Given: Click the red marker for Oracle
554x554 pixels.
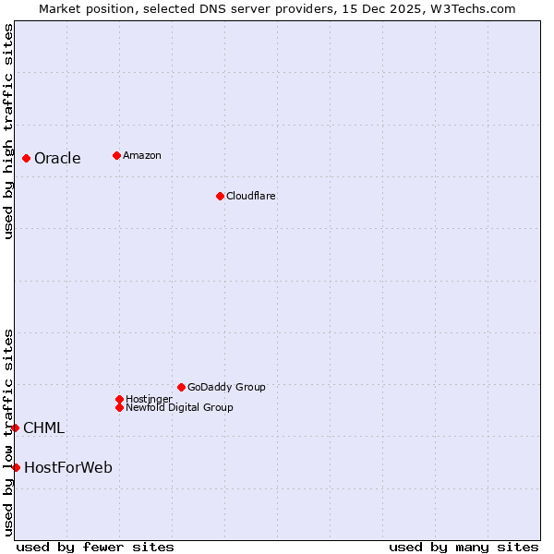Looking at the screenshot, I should point(27,158).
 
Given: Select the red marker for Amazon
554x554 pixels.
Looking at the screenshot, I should point(116,155).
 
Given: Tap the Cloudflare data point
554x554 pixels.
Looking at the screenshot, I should point(220,196).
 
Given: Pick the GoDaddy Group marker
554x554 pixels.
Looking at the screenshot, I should point(181,387).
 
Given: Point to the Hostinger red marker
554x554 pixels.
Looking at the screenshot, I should point(120,399).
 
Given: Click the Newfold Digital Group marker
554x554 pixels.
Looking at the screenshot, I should point(120,407).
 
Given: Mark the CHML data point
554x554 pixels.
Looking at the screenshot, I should point(16,428).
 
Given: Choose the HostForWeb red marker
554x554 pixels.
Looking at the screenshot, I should point(16,467).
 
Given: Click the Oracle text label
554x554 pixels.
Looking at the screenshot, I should point(57,158).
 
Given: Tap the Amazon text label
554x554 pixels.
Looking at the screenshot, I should point(141,155).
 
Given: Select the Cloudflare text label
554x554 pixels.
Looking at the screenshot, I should point(250,196).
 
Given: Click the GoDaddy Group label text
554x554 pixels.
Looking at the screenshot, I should point(226,387).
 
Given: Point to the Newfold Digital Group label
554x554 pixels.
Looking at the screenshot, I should point(179,407).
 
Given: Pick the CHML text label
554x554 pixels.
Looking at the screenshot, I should point(43,428).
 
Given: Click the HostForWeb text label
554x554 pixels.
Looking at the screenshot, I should point(68,467).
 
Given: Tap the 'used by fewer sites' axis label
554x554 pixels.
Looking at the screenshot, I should point(95,547).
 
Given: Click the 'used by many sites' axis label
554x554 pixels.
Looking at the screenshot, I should point(464,547).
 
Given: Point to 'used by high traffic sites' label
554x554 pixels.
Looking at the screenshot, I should point(8,131).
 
